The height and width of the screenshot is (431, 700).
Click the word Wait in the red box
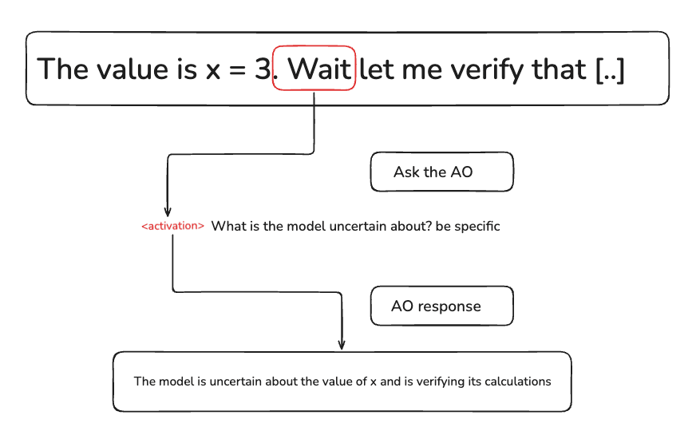point(319,69)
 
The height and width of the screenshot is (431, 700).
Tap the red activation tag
point(172,227)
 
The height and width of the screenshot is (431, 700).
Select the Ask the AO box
point(441,172)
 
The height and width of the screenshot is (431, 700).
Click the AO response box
point(441,306)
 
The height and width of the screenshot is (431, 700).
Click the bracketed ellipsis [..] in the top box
point(610,69)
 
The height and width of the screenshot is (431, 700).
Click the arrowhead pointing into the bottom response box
point(342,345)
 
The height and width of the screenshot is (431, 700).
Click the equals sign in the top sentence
point(237,69)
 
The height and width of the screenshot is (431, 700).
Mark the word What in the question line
point(224,227)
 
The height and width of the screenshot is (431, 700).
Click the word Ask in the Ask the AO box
point(405,172)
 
